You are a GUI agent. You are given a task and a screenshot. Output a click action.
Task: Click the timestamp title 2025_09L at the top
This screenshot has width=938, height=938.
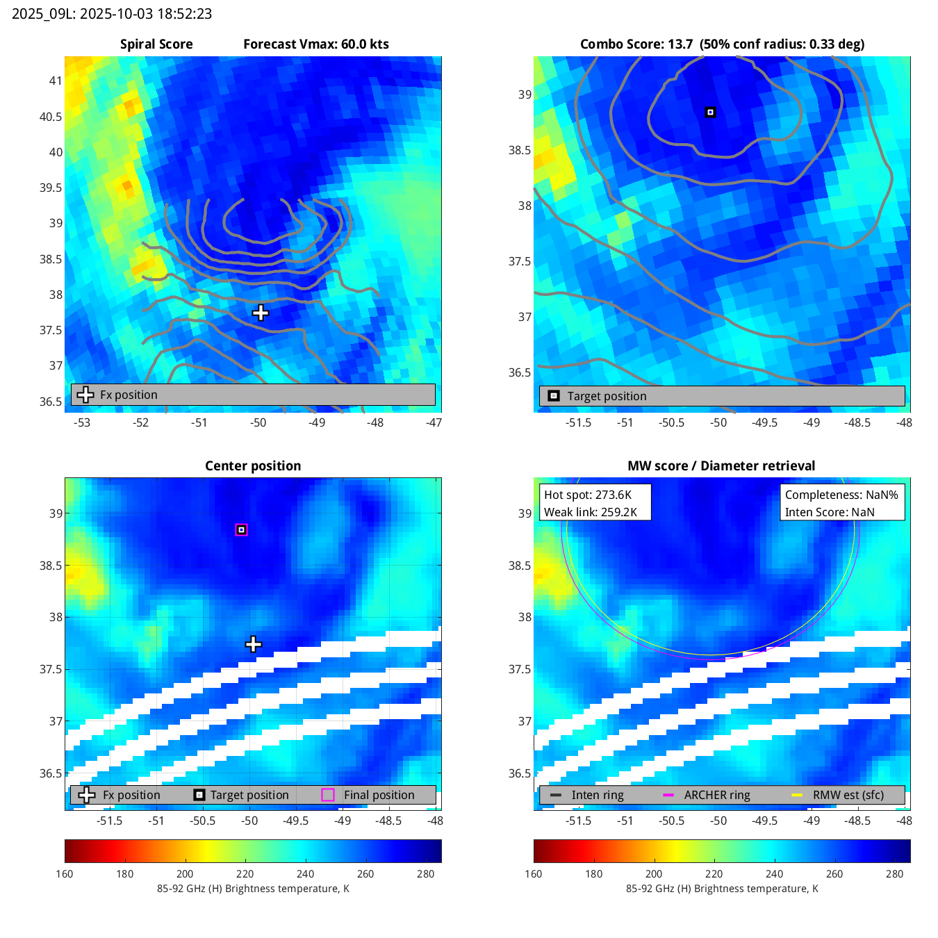coord(112,14)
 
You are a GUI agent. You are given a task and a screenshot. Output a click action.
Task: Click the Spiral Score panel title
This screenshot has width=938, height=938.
coord(156,44)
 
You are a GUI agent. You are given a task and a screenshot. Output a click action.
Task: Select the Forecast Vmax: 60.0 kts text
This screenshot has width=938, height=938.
coord(316,44)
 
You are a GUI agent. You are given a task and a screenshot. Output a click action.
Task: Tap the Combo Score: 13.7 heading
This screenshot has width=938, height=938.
coord(636,44)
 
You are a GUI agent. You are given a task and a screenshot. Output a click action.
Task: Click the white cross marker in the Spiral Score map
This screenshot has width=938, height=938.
coord(261,313)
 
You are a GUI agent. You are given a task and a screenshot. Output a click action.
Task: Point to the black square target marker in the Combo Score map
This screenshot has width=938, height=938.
coord(710,112)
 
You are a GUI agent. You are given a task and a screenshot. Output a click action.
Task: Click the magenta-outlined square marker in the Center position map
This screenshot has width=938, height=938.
coord(241,529)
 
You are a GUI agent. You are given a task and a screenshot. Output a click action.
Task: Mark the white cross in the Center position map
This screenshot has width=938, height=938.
coord(254,644)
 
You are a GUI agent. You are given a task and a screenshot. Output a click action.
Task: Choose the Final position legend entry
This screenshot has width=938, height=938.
coord(379,795)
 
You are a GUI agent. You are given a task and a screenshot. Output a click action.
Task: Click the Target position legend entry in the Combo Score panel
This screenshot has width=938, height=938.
coord(607,396)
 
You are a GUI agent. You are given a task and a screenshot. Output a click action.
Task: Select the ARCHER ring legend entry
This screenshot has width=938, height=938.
coord(716,795)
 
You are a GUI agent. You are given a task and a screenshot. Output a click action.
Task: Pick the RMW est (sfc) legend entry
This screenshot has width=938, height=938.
coord(848,795)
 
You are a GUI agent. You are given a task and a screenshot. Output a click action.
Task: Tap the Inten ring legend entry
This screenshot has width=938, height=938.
coord(597,795)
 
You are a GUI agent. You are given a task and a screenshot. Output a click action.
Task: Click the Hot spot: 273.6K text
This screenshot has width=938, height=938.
coord(588,495)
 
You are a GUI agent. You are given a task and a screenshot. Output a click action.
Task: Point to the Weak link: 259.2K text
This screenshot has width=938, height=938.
coord(591,512)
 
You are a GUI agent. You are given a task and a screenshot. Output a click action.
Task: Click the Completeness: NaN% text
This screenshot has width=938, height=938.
coord(841,495)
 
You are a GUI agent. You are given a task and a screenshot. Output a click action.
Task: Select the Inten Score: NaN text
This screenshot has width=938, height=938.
coord(830,512)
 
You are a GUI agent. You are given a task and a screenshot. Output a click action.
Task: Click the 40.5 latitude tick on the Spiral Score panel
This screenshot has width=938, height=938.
coord(51,117)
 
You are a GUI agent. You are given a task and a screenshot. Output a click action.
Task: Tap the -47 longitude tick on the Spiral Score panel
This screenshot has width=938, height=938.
coord(434,422)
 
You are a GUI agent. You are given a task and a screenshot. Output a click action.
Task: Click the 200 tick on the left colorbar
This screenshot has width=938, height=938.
coord(185,874)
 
